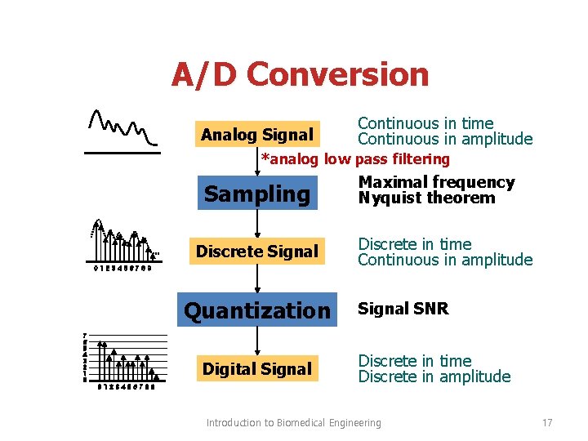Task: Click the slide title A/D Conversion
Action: coord(300,75)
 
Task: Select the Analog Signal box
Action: coord(257,135)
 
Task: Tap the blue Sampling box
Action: coord(257,194)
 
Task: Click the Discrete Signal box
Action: coord(257,252)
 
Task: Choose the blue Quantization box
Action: coord(257,310)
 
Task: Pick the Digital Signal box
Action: coord(257,369)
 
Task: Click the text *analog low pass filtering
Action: coord(355,158)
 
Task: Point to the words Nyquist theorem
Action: coord(426,198)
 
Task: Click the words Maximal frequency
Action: coord(437,182)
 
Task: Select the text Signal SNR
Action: coord(403,309)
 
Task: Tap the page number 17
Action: coord(547,422)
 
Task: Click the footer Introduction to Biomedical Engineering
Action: coord(293,422)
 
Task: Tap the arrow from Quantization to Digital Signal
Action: coord(257,340)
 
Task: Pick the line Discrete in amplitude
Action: coord(434,376)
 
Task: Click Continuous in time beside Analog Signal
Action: coord(425,123)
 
